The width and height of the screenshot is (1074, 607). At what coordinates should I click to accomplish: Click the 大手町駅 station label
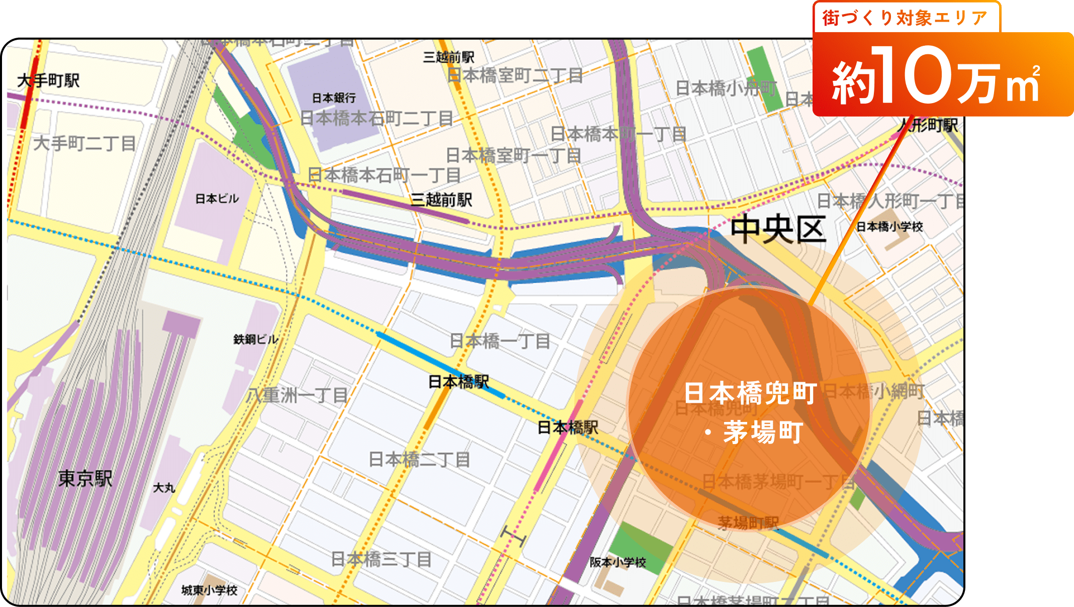click(x=48, y=80)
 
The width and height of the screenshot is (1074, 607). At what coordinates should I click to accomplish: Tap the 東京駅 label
click(x=85, y=478)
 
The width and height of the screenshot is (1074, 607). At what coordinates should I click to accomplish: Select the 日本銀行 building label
click(x=334, y=98)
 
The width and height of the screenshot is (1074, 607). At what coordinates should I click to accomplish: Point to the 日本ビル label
click(x=217, y=199)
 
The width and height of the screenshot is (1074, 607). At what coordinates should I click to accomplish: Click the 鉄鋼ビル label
click(x=255, y=339)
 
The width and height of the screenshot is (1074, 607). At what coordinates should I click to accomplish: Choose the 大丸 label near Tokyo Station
click(x=164, y=488)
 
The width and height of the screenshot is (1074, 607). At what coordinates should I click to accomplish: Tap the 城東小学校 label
click(x=209, y=590)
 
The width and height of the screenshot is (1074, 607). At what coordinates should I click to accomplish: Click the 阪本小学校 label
click(x=617, y=562)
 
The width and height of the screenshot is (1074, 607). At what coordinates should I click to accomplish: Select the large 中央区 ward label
click(x=777, y=230)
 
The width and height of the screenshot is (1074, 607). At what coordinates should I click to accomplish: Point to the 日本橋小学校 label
click(x=889, y=227)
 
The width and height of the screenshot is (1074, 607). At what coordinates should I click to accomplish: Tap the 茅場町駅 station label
click(x=748, y=523)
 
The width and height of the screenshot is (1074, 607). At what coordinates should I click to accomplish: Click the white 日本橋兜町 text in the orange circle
click(x=750, y=393)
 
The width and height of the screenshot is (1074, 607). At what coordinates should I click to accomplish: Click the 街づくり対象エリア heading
click(x=905, y=18)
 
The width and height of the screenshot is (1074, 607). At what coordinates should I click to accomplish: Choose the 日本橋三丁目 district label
click(x=381, y=559)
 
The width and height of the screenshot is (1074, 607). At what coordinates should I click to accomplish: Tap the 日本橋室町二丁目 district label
click(x=514, y=75)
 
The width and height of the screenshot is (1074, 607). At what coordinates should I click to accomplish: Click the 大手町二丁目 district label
click(x=84, y=143)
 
